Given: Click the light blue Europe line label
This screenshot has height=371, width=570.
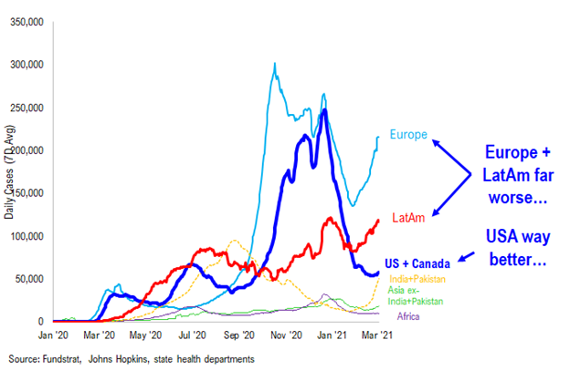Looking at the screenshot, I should tap(408, 135).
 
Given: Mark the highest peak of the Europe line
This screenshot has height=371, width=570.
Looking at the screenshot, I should tap(275, 64).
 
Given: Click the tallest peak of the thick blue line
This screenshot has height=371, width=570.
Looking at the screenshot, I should tap(325, 111).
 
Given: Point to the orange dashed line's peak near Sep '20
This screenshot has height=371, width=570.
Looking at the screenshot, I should tap(235, 242).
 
